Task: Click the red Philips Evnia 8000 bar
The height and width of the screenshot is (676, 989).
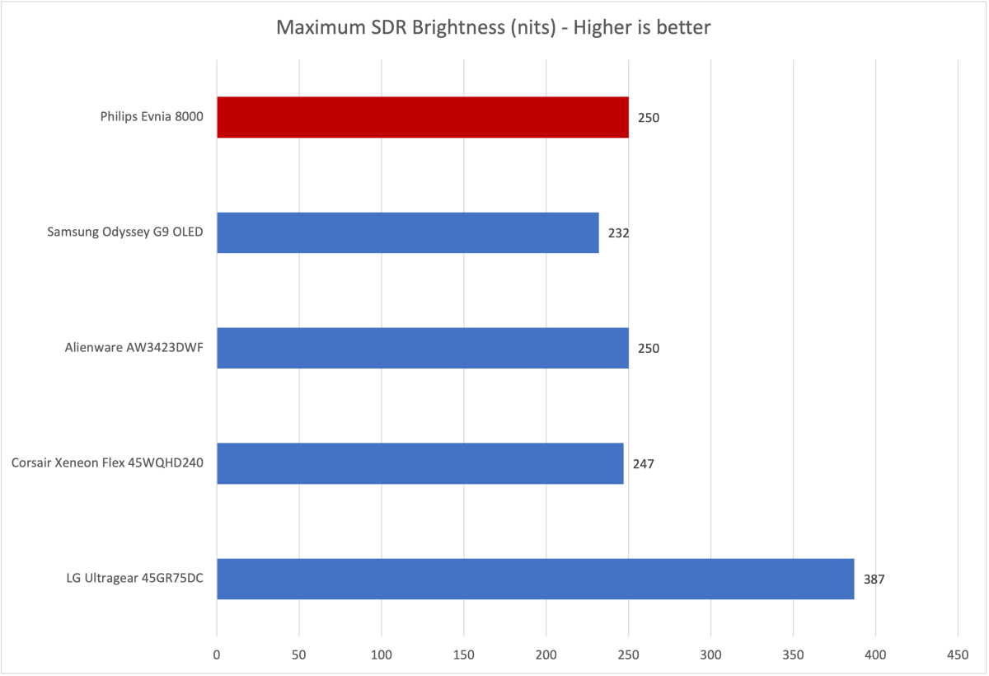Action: [422, 117]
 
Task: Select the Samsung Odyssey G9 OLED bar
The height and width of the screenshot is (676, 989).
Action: [407, 232]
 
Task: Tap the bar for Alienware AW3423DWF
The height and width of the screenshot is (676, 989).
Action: [422, 348]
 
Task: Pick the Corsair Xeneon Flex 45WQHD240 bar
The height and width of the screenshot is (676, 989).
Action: [420, 463]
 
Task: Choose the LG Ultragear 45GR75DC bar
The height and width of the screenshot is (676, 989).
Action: [535, 579]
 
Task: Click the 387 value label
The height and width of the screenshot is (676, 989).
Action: [874, 580]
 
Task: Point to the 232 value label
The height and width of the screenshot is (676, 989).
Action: [618, 233]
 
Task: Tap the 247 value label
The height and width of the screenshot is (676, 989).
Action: [643, 464]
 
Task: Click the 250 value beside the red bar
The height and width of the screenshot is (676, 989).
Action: [649, 118]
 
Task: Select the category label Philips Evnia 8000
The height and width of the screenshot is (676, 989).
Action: [152, 117]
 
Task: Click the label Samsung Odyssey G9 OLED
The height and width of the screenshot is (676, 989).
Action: [126, 232]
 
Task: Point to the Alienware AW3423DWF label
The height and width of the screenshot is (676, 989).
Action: [134, 348]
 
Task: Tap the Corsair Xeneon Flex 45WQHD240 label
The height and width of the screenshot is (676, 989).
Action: [107, 463]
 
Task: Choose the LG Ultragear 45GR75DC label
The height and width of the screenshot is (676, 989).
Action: [135, 579]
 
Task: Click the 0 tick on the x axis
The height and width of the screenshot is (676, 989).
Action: [217, 655]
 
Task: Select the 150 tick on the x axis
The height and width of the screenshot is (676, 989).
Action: [464, 655]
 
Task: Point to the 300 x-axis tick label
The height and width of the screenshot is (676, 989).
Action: [710, 655]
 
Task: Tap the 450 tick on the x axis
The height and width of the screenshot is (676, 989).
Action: [958, 655]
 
